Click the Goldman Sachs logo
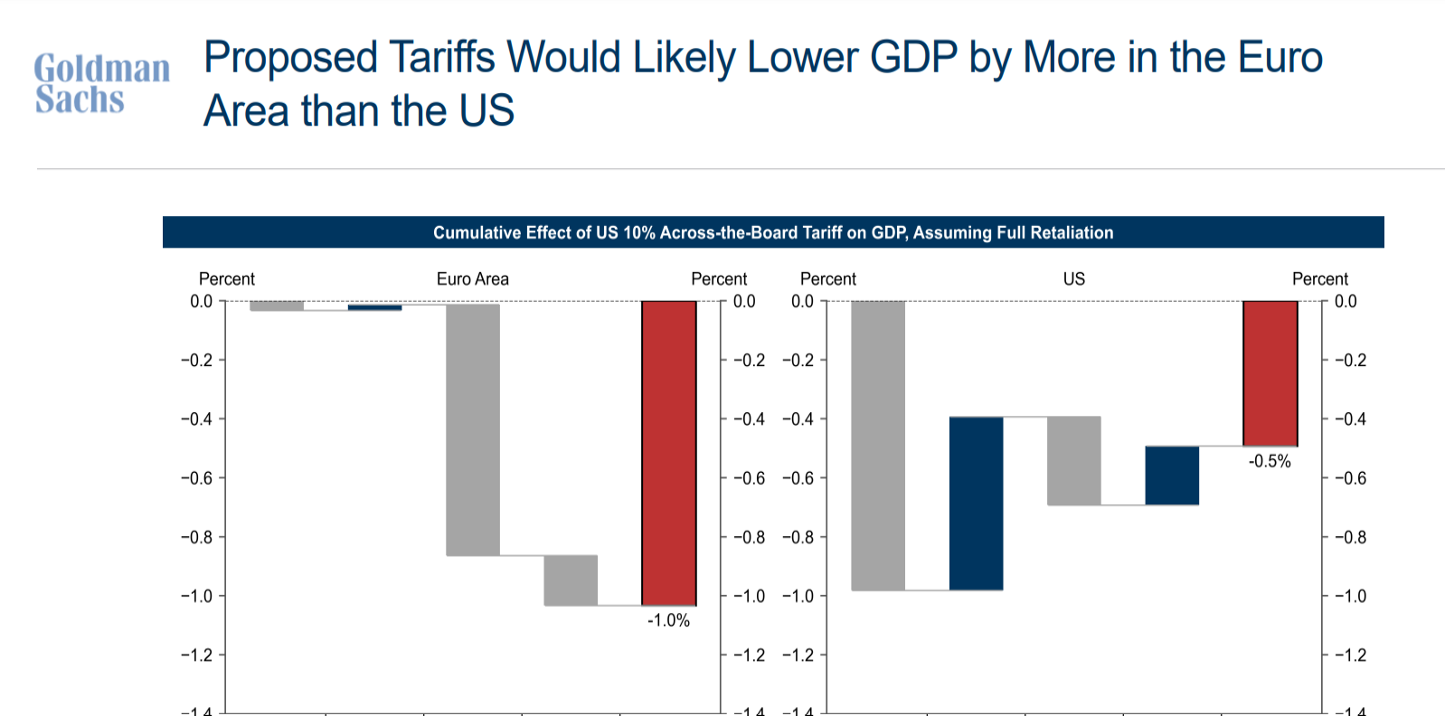click(x=101, y=83)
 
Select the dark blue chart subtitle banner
click(x=773, y=232)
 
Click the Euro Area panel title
click(x=472, y=279)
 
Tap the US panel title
click(x=1073, y=279)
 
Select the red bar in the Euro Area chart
click(x=669, y=453)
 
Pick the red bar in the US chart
click(x=1270, y=373)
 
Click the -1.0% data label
click(x=668, y=621)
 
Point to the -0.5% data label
click(x=1270, y=462)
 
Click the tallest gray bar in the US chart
click(x=878, y=446)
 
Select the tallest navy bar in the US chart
click(x=977, y=504)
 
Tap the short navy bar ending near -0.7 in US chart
click(x=1172, y=476)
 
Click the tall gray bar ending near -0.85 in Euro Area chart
click(x=473, y=429)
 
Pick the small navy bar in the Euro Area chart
click(x=374, y=307)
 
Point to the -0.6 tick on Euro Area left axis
click(x=196, y=478)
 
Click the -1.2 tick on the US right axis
click(x=1350, y=655)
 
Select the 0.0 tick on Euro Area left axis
click(x=201, y=302)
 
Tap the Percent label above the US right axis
click(x=1319, y=279)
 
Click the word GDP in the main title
click(x=913, y=58)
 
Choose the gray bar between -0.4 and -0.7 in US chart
click(x=1074, y=461)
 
